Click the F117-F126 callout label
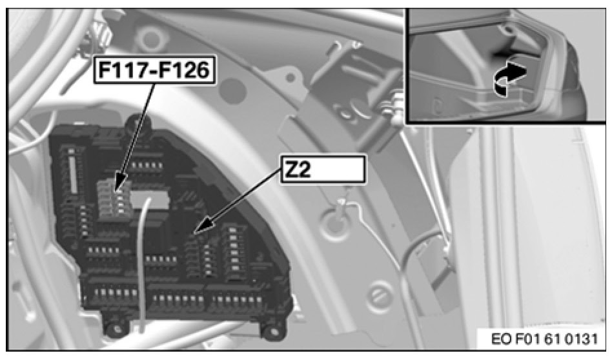click(x=154, y=71)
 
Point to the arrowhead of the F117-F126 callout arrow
click(x=117, y=188)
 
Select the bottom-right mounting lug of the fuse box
click(x=271, y=328)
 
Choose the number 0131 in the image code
click(x=580, y=339)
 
